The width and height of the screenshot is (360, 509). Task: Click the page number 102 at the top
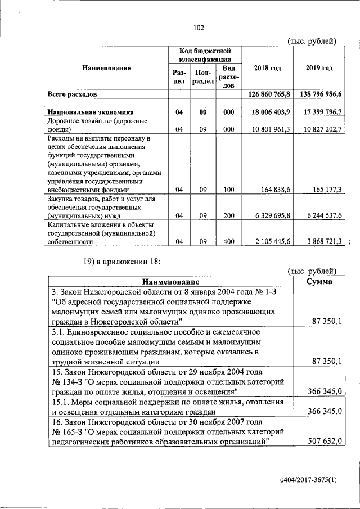pyautogui.click(x=198, y=28)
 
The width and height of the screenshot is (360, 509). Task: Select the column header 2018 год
pyautogui.click(x=267, y=68)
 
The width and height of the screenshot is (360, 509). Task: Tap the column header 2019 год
pyautogui.click(x=319, y=68)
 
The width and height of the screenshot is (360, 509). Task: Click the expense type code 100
pyautogui.click(x=228, y=190)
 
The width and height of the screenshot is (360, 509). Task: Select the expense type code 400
pyautogui.click(x=228, y=241)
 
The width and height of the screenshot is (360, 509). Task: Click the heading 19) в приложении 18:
pyautogui.click(x=121, y=260)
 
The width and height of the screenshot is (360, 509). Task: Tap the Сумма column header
pyautogui.click(x=318, y=281)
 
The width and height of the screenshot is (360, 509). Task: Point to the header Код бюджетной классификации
pyautogui.click(x=206, y=55)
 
